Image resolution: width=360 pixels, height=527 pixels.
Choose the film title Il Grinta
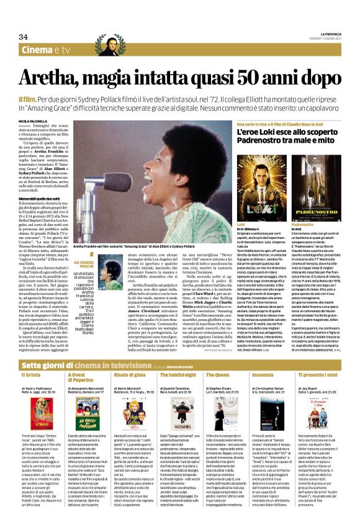pyautogui.click(x=30, y=358)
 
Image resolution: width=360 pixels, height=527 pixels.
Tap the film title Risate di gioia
pyautogui.click(x=131, y=358)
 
